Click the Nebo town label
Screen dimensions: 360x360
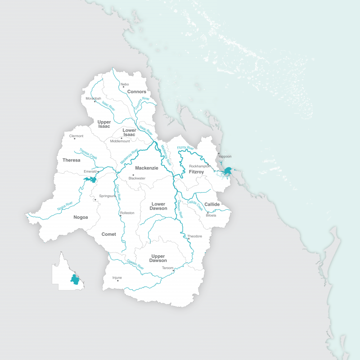click(125, 84)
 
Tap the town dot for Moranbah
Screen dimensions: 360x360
click(95, 102)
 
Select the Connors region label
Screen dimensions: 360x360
click(137, 92)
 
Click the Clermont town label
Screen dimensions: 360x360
click(76, 136)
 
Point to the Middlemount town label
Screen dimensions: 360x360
click(120, 141)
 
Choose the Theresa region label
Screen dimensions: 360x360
click(71, 160)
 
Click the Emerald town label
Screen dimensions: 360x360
click(90, 171)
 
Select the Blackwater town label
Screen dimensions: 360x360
click(137, 178)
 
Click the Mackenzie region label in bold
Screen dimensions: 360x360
click(147, 168)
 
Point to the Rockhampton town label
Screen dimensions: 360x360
click(200, 166)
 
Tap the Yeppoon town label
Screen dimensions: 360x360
click(225, 157)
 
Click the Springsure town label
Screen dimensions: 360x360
click(108, 196)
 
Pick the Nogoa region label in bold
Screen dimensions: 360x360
click(81, 217)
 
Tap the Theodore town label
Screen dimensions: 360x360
click(194, 236)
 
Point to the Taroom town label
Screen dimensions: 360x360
click(167, 268)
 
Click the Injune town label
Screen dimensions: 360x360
click(117, 278)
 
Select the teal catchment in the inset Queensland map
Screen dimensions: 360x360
click(75, 279)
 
